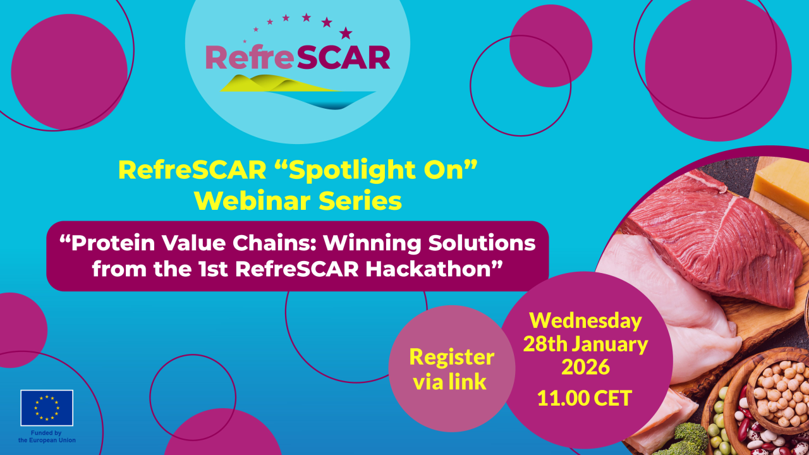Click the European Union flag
pos(47,408)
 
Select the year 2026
pos(585,367)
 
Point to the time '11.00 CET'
pos(585,398)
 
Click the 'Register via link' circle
pos(451,369)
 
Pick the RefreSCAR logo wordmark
pos(297,58)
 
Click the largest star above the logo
pos(346,32)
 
